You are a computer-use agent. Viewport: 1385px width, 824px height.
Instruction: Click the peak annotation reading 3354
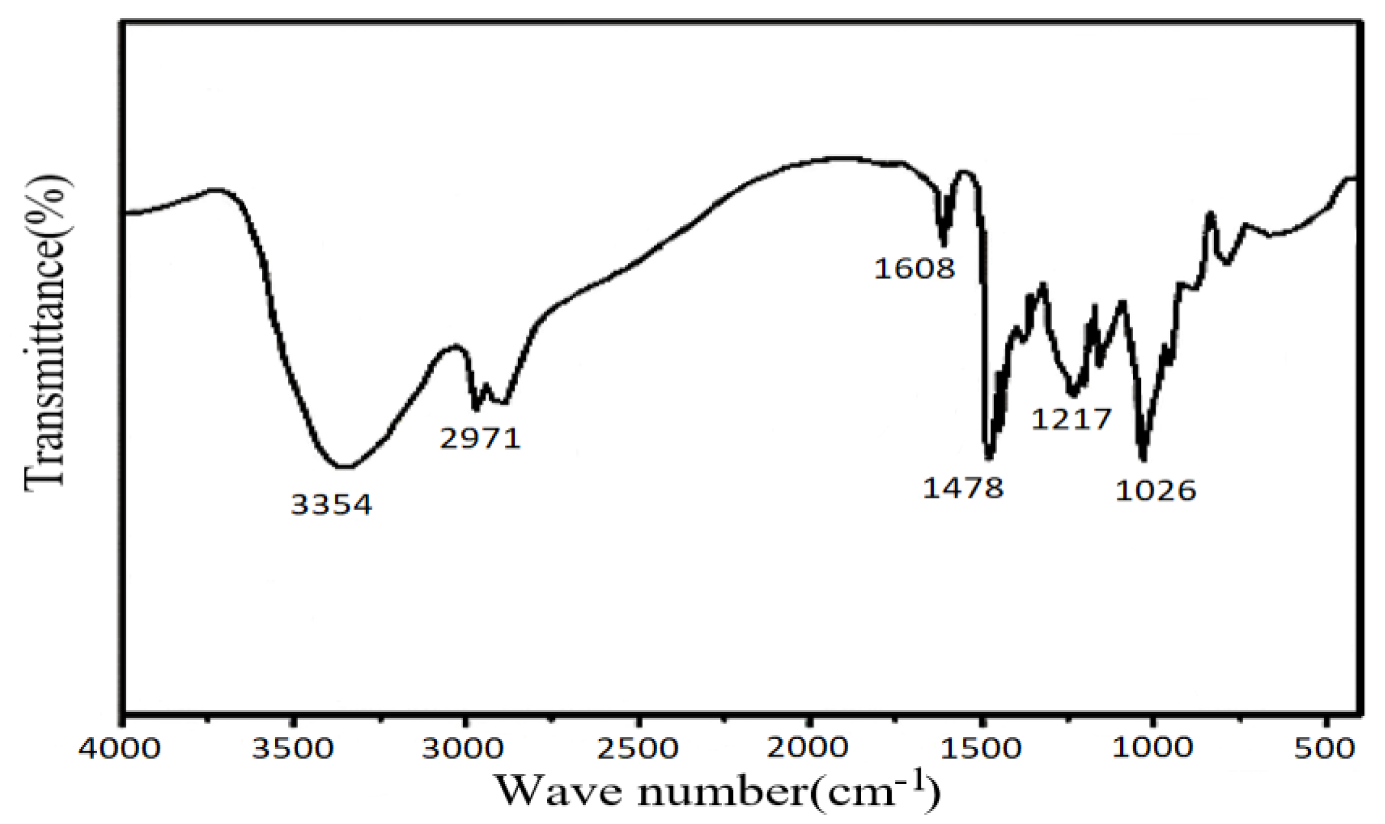coord(332,504)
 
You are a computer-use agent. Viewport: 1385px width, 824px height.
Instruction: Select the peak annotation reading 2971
coord(480,439)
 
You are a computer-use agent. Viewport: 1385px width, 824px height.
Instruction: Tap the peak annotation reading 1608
coord(914,268)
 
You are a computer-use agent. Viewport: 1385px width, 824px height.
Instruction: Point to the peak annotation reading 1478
coord(963,487)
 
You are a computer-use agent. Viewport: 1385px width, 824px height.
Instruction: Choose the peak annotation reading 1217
coord(1071,419)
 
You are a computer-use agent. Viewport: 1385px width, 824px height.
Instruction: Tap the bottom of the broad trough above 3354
coord(343,466)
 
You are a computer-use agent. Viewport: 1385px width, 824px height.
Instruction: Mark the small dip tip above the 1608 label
coord(944,245)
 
